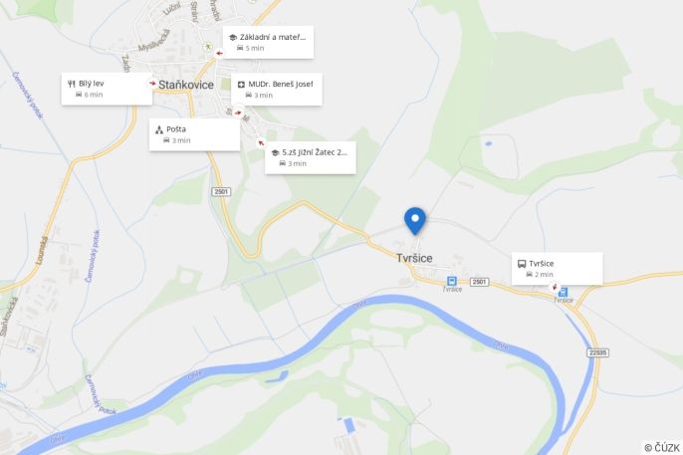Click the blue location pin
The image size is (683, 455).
(414, 220)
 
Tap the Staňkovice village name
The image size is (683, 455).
(185, 85)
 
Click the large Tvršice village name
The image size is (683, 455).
(413, 257)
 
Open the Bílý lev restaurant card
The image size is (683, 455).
(107, 89)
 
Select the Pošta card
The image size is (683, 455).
(194, 134)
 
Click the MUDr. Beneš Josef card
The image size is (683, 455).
(277, 90)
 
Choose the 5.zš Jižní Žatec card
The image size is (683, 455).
(310, 157)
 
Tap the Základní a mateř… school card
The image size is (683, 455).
(267, 42)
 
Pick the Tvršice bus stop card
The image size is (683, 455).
(557, 268)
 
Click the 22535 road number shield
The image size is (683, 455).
(597, 352)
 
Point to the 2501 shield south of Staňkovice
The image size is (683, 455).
(220, 191)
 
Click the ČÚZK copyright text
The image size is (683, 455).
(661, 447)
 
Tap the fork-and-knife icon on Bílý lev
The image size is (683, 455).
(72, 83)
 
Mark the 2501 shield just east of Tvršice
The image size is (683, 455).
(481, 283)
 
